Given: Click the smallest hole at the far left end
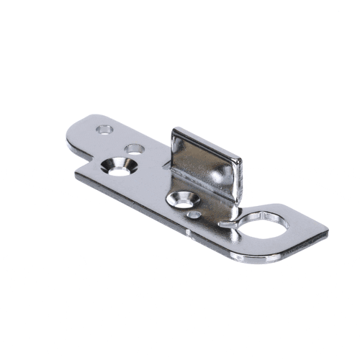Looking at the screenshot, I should [105, 130].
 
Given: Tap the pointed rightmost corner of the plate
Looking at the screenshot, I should [328, 232].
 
